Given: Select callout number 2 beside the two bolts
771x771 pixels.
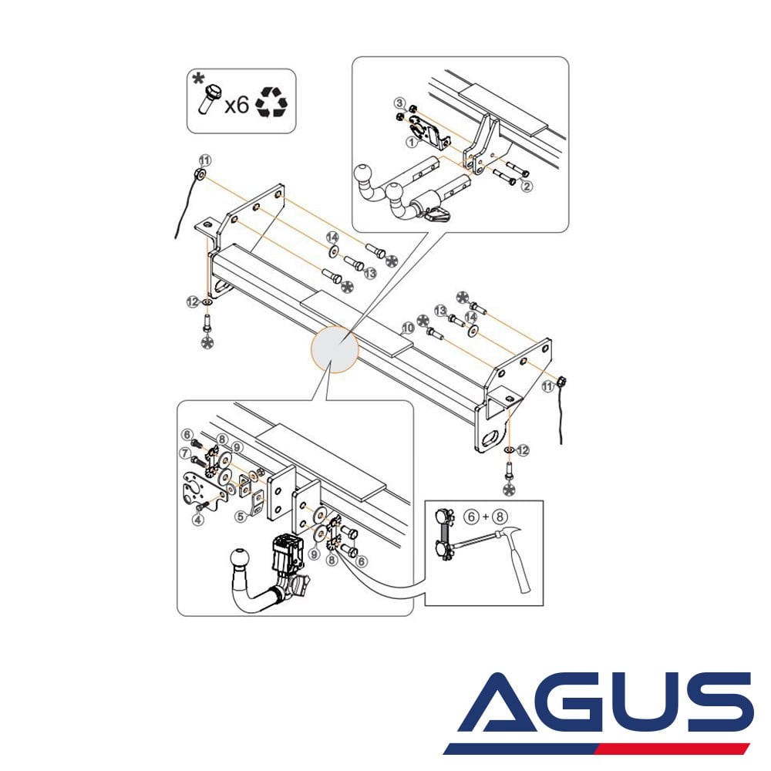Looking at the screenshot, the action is [527, 187].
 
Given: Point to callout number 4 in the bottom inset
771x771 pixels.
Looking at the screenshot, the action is [198, 519].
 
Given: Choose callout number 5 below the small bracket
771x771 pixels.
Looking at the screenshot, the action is [241, 517].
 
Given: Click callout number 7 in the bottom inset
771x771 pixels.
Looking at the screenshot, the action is [185, 453].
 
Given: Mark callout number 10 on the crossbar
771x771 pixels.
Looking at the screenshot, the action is [408, 328].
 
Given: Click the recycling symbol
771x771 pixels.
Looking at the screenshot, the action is [271, 102].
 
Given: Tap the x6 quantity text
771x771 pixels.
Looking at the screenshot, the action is [237, 105].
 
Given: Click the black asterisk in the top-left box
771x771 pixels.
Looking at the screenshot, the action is [198, 79].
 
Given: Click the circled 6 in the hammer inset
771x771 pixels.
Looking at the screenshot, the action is [471, 517].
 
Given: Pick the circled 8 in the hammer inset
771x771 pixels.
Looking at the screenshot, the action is [500, 517].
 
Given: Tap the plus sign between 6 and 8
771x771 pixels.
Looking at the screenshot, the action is [485, 517].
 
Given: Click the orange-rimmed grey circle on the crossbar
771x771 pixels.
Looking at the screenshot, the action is [335, 348].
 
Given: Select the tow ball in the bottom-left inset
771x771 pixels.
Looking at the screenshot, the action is [240, 559].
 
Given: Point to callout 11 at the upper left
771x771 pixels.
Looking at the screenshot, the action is [205, 160].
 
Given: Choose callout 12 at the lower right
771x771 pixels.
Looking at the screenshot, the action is [523, 450].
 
